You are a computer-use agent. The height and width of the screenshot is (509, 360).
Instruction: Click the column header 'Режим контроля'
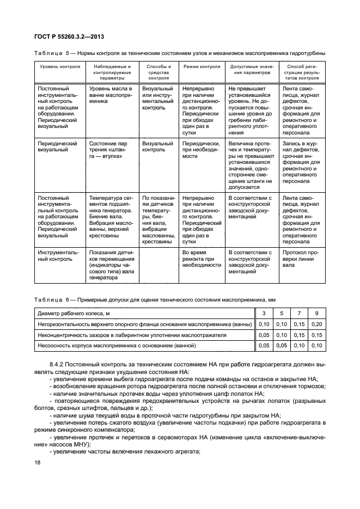coord(202,67)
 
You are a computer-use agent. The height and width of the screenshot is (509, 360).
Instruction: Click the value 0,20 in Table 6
coord(316,324)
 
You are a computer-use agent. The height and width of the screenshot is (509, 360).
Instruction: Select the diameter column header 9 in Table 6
coord(316,313)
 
